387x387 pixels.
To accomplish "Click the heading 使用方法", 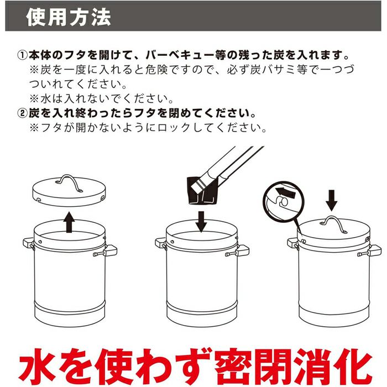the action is click(68, 17).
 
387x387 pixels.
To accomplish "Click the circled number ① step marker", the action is click(23, 55).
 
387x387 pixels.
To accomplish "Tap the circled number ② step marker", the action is click(23, 113).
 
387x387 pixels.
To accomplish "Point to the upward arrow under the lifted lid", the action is click(69, 222).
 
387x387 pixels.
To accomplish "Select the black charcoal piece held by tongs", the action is click(202, 191).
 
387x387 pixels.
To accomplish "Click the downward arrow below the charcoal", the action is click(201, 222).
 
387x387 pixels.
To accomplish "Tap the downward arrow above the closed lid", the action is click(332, 200).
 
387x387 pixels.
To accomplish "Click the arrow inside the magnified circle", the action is click(285, 192).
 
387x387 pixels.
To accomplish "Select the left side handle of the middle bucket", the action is click(161, 244).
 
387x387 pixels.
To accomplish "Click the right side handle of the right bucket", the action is click(370, 251).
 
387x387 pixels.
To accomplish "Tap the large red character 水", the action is click(37, 368).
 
